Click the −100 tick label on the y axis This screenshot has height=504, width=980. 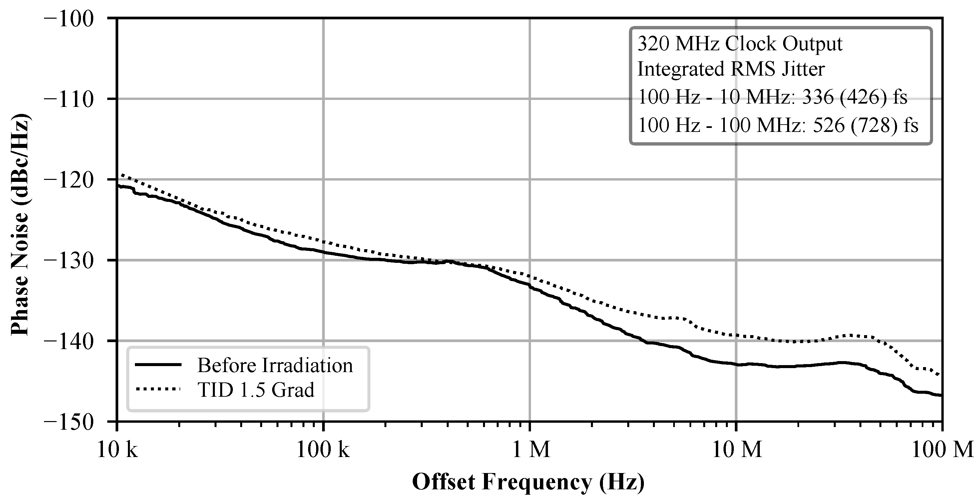click(69, 19)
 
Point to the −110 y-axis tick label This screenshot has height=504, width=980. click(69, 99)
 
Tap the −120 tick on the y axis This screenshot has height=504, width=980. click(69, 180)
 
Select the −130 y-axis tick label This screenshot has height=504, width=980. click(69, 261)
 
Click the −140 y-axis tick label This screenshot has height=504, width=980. click(69, 341)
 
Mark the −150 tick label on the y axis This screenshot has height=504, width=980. click(69, 422)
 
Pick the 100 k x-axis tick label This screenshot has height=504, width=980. click(323, 450)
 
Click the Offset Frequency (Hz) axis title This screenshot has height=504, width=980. click(528, 482)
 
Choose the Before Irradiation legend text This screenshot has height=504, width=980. click(275, 365)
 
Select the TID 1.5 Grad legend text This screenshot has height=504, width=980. click(255, 390)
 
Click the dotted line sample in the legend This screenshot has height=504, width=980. click(157, 389)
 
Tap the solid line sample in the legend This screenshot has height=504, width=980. click(157, 364)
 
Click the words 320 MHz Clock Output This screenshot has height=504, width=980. click(739, 44)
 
